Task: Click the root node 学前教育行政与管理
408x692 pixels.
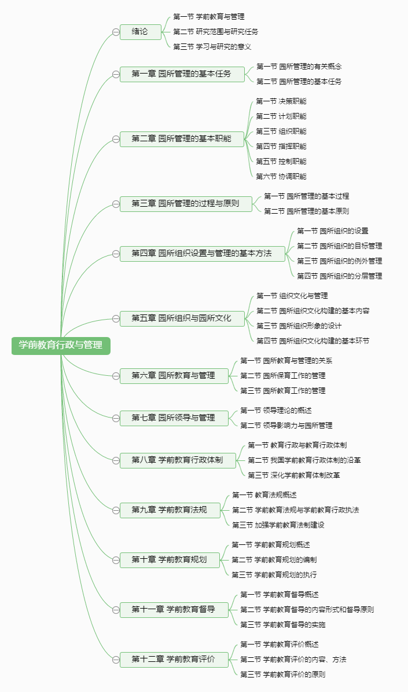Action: [61, 345]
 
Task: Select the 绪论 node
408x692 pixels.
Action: [140, 32]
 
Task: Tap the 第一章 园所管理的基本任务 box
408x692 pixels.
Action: [182, 74]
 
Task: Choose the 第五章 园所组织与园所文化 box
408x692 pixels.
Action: [182, 318]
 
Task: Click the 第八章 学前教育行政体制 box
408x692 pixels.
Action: [178, 460]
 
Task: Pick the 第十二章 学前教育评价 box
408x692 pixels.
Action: [174, 660]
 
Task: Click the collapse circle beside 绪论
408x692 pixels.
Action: [116, 32]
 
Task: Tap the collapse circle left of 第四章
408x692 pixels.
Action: [116, 254]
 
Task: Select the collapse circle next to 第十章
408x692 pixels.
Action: [116, 560]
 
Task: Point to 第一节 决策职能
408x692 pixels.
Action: [281, 101]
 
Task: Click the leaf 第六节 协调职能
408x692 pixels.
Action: [281, 177]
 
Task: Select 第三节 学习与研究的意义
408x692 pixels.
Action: [212, 47]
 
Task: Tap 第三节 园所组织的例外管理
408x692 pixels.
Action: [339, 261]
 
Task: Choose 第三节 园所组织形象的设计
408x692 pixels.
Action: [299, 326]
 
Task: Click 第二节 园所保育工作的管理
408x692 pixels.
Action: [283, 376]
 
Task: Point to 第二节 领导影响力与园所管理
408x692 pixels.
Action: [286, 426]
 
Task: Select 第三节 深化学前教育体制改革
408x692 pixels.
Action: [294, 475]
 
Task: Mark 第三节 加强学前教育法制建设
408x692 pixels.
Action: [278, 525]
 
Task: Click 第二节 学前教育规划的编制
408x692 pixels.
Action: [274, 560]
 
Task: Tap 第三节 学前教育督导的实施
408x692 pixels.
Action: [283, 625]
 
